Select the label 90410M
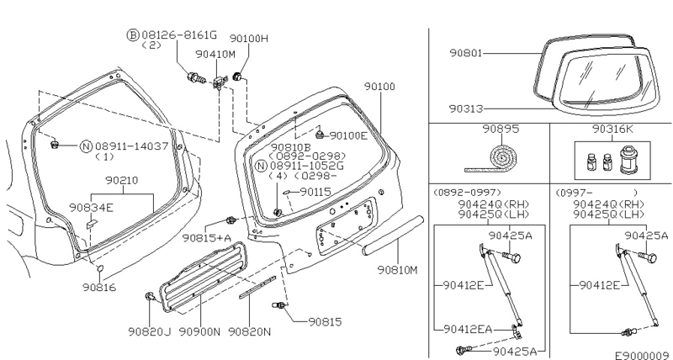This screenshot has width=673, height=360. tap(215, 54)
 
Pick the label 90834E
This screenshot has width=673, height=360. tap(92, 207)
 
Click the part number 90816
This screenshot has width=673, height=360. tap(99, 287)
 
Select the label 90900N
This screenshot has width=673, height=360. tap(199, 331)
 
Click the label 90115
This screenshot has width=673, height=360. tap(315, 192)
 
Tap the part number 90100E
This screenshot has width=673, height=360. tap(348, 135)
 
